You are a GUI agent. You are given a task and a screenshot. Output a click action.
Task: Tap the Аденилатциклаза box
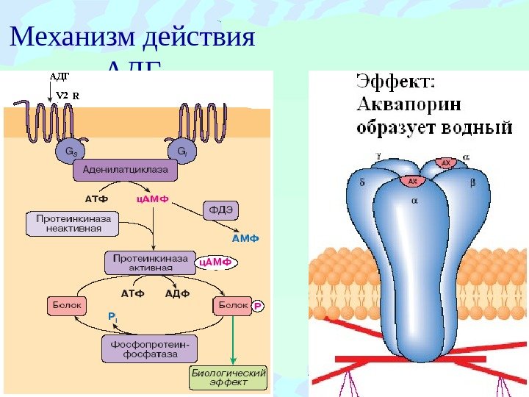[x=125, y=171]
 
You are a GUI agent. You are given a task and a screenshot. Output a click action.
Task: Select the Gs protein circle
[x=67, y=153]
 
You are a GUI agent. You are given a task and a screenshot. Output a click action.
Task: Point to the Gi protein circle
[x=181, y=153]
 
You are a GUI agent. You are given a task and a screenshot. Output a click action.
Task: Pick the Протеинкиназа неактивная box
[x=73, y=223]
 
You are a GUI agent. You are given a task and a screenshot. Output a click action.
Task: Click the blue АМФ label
[x=246, y=239]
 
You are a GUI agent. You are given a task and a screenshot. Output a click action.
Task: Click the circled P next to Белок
[x=258, y=305]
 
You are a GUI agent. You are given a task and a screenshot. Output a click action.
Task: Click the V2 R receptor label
[x=68, y=95]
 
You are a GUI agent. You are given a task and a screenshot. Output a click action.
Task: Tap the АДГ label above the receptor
[x=58, y=75]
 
